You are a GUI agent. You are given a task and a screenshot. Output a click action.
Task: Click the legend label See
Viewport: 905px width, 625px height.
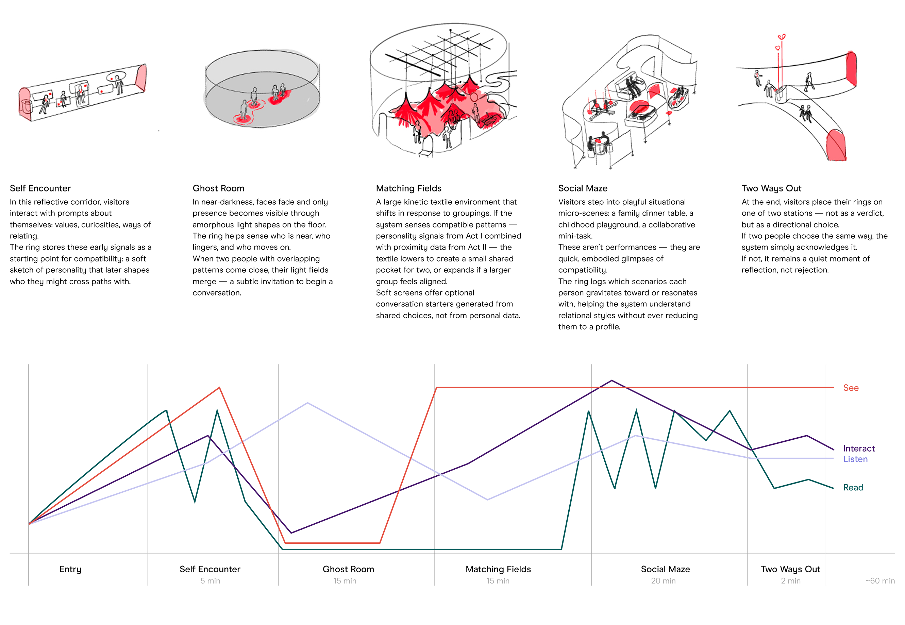[x=850, y=388]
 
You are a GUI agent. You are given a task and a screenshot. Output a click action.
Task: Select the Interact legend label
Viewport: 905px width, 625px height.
[x=858, y=449]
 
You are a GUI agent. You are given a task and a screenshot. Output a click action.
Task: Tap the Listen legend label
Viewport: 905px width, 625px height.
[x=855, y=459]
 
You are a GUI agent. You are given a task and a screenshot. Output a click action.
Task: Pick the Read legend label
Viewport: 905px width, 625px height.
[x=853, y=487]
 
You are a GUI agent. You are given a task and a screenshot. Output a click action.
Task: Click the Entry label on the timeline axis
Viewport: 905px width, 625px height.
[x=70, y=569]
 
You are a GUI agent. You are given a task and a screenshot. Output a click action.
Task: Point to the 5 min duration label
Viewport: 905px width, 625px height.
[x=210, y=581]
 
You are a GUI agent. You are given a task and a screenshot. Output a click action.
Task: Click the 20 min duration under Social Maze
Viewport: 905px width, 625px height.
[x=663, y=581]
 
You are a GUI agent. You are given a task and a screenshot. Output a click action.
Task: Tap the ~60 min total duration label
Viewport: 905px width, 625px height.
[x=879, y=581]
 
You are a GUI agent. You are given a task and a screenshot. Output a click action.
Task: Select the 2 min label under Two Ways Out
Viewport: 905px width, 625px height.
[x=790, y=581]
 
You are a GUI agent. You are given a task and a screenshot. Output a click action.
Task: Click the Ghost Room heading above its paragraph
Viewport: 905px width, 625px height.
[x=218, y=188]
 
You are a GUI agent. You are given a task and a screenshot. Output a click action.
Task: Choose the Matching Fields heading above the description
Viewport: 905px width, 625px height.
[x=408, y=188]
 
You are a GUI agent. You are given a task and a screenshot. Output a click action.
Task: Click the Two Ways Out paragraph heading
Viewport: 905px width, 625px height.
[x=771, y=188]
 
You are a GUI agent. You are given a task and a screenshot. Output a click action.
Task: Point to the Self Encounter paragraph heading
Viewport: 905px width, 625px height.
[x=40, y=188]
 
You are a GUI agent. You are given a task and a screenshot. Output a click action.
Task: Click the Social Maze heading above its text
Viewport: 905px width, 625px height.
[x=583, y=188]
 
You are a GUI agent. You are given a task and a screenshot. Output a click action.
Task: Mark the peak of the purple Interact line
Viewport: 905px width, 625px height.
[x=612, y=380]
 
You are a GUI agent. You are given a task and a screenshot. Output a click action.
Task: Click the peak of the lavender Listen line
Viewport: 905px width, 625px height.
[x=307, y=403]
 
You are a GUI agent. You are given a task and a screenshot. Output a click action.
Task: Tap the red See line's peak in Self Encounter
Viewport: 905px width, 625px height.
[x=219, y=387]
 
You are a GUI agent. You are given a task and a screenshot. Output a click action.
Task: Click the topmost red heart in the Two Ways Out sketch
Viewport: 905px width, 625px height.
[x=781, y=37]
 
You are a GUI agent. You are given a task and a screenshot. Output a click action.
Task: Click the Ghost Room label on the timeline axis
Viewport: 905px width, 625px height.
[x=348, y=569]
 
